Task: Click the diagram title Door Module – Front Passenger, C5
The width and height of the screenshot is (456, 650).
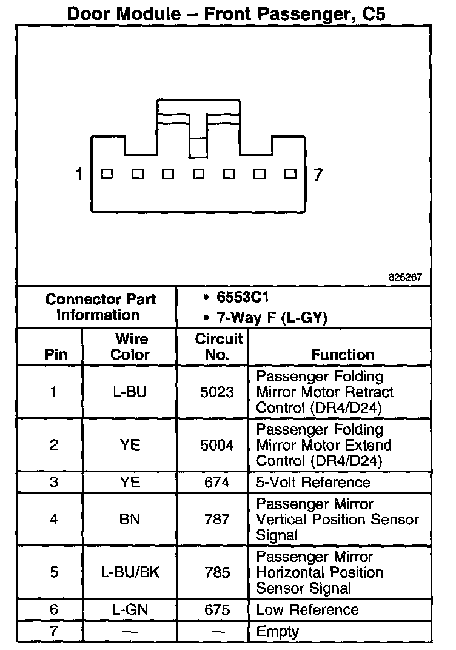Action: [226, 13]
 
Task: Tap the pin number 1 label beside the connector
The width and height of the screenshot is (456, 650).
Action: [78, 175]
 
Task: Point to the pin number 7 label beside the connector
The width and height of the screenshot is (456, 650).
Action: [318, 175]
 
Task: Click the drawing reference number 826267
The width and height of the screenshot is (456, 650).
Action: [406, 277]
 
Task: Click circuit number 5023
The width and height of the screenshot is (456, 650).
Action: [217, 392]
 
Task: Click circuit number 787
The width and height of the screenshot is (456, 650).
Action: [217, 520]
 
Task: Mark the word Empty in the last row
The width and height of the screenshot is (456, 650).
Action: [278, 631]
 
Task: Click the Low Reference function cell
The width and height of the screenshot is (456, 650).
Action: [307, 610]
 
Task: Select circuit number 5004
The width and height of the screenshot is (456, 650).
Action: [217, 445]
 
